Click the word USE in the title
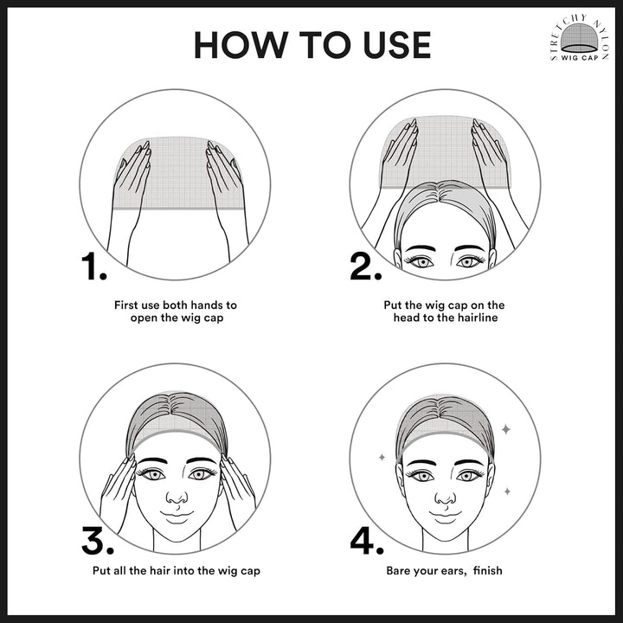pos(397,45)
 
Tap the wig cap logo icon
pos(579,38)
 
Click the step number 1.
pos(94,267)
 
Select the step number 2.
pos(365,267)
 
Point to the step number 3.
pos(98,540)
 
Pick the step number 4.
pos(367,540)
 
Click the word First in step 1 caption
pos(126,305)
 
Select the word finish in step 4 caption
pos(488,570)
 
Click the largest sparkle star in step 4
pos(506,429)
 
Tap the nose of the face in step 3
pos(177,497)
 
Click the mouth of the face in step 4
pos(445,515)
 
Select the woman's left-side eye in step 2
pos(421,261)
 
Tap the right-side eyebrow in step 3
pos(202,461)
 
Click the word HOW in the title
pos(241,45)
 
